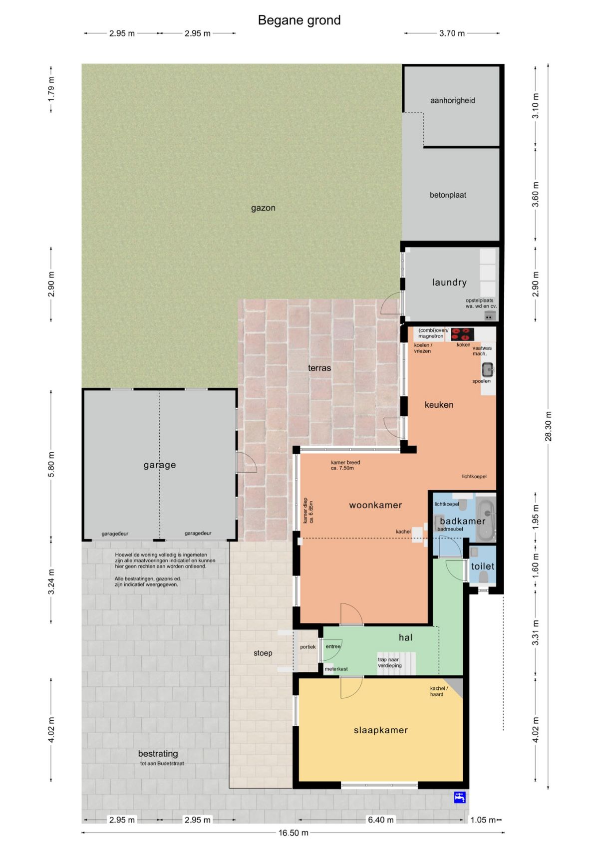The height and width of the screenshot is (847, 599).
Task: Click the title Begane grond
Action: click(299, 20)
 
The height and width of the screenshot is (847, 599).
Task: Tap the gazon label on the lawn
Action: click(263, 208)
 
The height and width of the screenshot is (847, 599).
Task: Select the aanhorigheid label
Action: click(453, 101)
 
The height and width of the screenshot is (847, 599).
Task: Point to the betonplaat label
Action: click(448, 195)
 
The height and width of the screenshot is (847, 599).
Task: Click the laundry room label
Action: click(449, 282)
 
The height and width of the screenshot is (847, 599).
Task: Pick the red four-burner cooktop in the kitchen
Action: click(462, 334)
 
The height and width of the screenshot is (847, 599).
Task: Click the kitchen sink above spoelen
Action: click(488, 369)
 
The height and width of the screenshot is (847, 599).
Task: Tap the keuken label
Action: click(439, 405)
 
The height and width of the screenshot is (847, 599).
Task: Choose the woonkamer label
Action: click(375, 505)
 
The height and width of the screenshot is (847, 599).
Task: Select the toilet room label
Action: click(483, 566)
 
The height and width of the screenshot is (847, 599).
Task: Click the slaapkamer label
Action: click(381, 730)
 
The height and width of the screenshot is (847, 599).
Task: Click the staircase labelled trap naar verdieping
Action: click(396, 664)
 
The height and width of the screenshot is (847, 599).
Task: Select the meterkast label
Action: click(336, 669)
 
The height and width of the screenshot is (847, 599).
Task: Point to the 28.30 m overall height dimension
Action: click(548, 426)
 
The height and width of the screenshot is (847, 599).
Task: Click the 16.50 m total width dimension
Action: click(294, 832)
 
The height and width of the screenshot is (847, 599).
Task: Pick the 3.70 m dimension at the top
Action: click(452, 33)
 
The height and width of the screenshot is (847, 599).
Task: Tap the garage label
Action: click(160, 465)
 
